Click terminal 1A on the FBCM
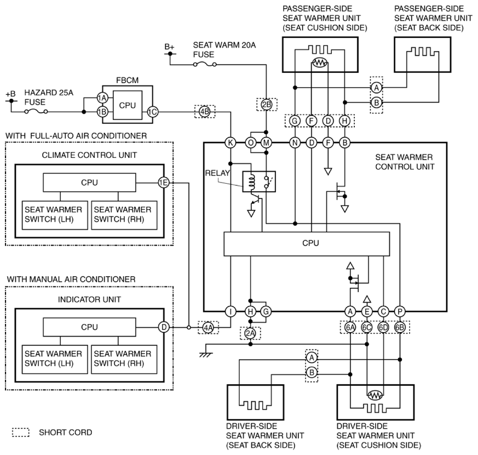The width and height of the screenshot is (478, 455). point(102,98)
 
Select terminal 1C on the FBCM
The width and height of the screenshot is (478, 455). point(152,112)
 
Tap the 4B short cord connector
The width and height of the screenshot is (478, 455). point(205,112)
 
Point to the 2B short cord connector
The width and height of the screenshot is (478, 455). point(267,105)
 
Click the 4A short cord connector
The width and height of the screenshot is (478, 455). point(208,328)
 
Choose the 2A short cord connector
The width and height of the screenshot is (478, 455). point(250,333)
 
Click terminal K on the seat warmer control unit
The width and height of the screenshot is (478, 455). point(231,143)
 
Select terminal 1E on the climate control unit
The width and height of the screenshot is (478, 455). point(164,183)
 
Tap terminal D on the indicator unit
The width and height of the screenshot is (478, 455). point(164,327)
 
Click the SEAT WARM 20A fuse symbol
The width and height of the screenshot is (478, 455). point(205,64)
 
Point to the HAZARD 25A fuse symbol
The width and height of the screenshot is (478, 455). point(36,112)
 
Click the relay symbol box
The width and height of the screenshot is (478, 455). point(259,181)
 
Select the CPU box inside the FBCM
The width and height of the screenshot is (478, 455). point(128,105)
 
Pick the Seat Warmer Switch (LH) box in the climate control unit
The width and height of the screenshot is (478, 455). point(55,215)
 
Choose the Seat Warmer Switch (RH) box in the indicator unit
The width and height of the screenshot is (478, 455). point(124,359)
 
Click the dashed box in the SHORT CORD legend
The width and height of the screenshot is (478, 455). point(21,433)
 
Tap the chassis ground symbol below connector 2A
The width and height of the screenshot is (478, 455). point(206,355)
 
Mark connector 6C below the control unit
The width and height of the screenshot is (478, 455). point(367,327)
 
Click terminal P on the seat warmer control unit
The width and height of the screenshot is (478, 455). point(400,311)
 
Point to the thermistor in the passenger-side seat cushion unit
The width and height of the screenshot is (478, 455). point(320,63)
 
